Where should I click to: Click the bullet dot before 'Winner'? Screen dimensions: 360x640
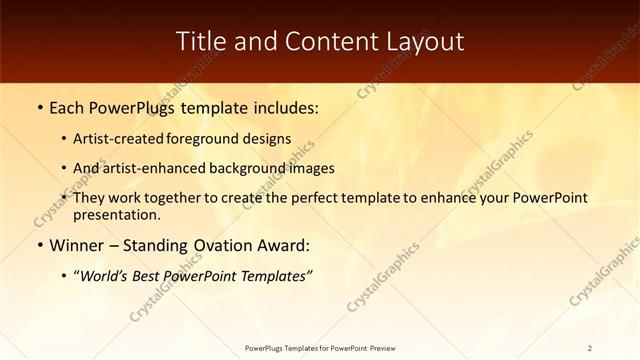point(39,245)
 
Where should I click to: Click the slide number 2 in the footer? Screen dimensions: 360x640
point(591,348)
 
